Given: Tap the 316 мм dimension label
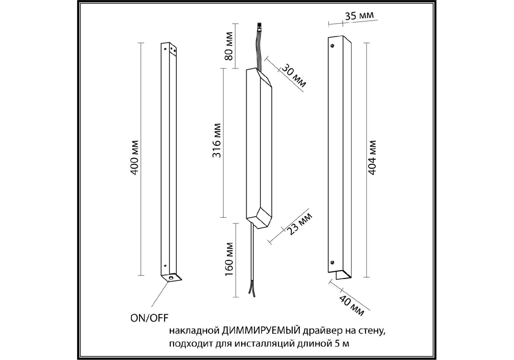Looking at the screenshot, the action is click(216, 140).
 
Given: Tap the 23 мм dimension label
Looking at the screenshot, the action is click(300, 224).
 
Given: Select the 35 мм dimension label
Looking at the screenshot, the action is click(359, 15).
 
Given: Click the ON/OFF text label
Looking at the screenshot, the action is click(149, 318).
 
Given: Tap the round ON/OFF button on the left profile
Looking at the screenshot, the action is click(171, 279).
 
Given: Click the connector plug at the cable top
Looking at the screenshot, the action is click(259, 27).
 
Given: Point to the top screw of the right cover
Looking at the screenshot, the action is click(332, 46).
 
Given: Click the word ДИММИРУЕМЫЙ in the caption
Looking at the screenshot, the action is click(261, 331).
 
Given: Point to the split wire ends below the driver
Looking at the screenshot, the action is click(251, 290).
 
